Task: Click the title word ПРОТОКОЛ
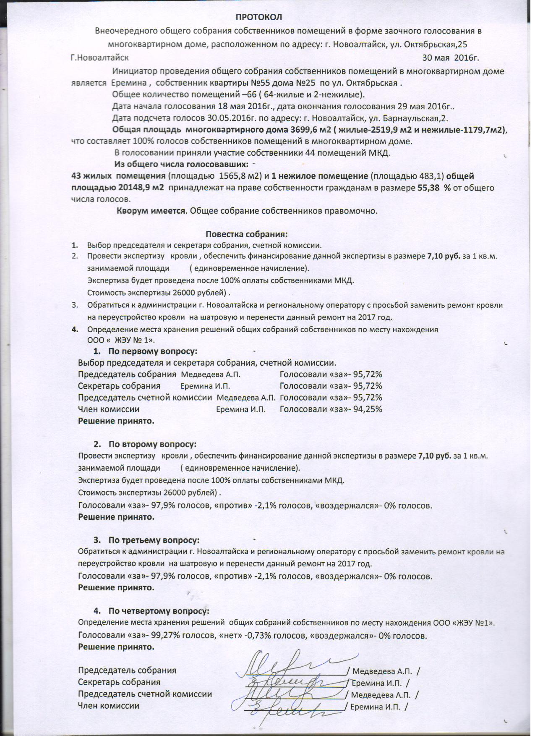point(258,17)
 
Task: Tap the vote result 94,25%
point(368,409)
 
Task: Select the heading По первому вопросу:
point(153,351)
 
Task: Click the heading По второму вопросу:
point(152,444)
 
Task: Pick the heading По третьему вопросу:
point(154,540)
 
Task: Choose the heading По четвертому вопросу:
point(159,610)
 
